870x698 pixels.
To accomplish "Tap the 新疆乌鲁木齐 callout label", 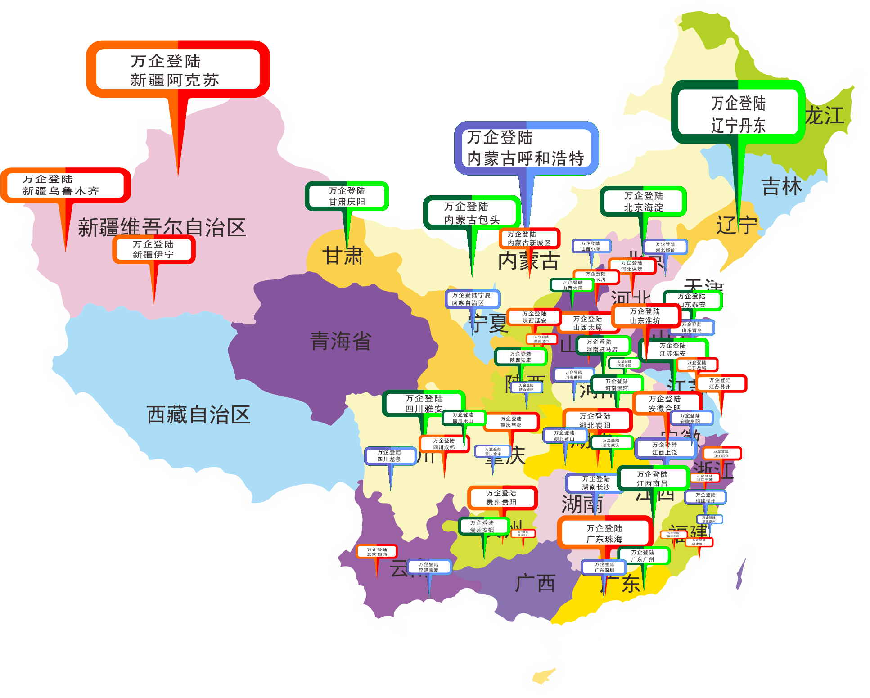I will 66,185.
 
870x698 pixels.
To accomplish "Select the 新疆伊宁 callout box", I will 153,249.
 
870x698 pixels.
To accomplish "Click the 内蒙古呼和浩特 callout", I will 526,148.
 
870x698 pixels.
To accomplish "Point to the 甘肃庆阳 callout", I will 347,196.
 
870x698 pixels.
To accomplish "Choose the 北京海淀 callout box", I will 643,202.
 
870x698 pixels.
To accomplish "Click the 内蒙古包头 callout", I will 472,212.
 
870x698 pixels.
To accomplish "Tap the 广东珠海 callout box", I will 604,533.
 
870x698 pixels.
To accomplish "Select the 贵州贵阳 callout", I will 502,497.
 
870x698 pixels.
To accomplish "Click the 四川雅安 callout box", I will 424,403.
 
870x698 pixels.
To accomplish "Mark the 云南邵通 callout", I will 377,552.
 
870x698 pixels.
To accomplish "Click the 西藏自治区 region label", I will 198,414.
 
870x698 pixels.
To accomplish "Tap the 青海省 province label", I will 341,341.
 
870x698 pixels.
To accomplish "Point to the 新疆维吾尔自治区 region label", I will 162,227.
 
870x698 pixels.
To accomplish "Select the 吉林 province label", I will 781,186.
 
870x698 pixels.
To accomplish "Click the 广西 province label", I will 535,583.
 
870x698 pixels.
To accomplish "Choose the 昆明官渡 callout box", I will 429,567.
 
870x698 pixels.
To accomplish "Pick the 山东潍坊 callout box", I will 645,315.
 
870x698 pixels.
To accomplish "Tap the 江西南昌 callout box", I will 652,478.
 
